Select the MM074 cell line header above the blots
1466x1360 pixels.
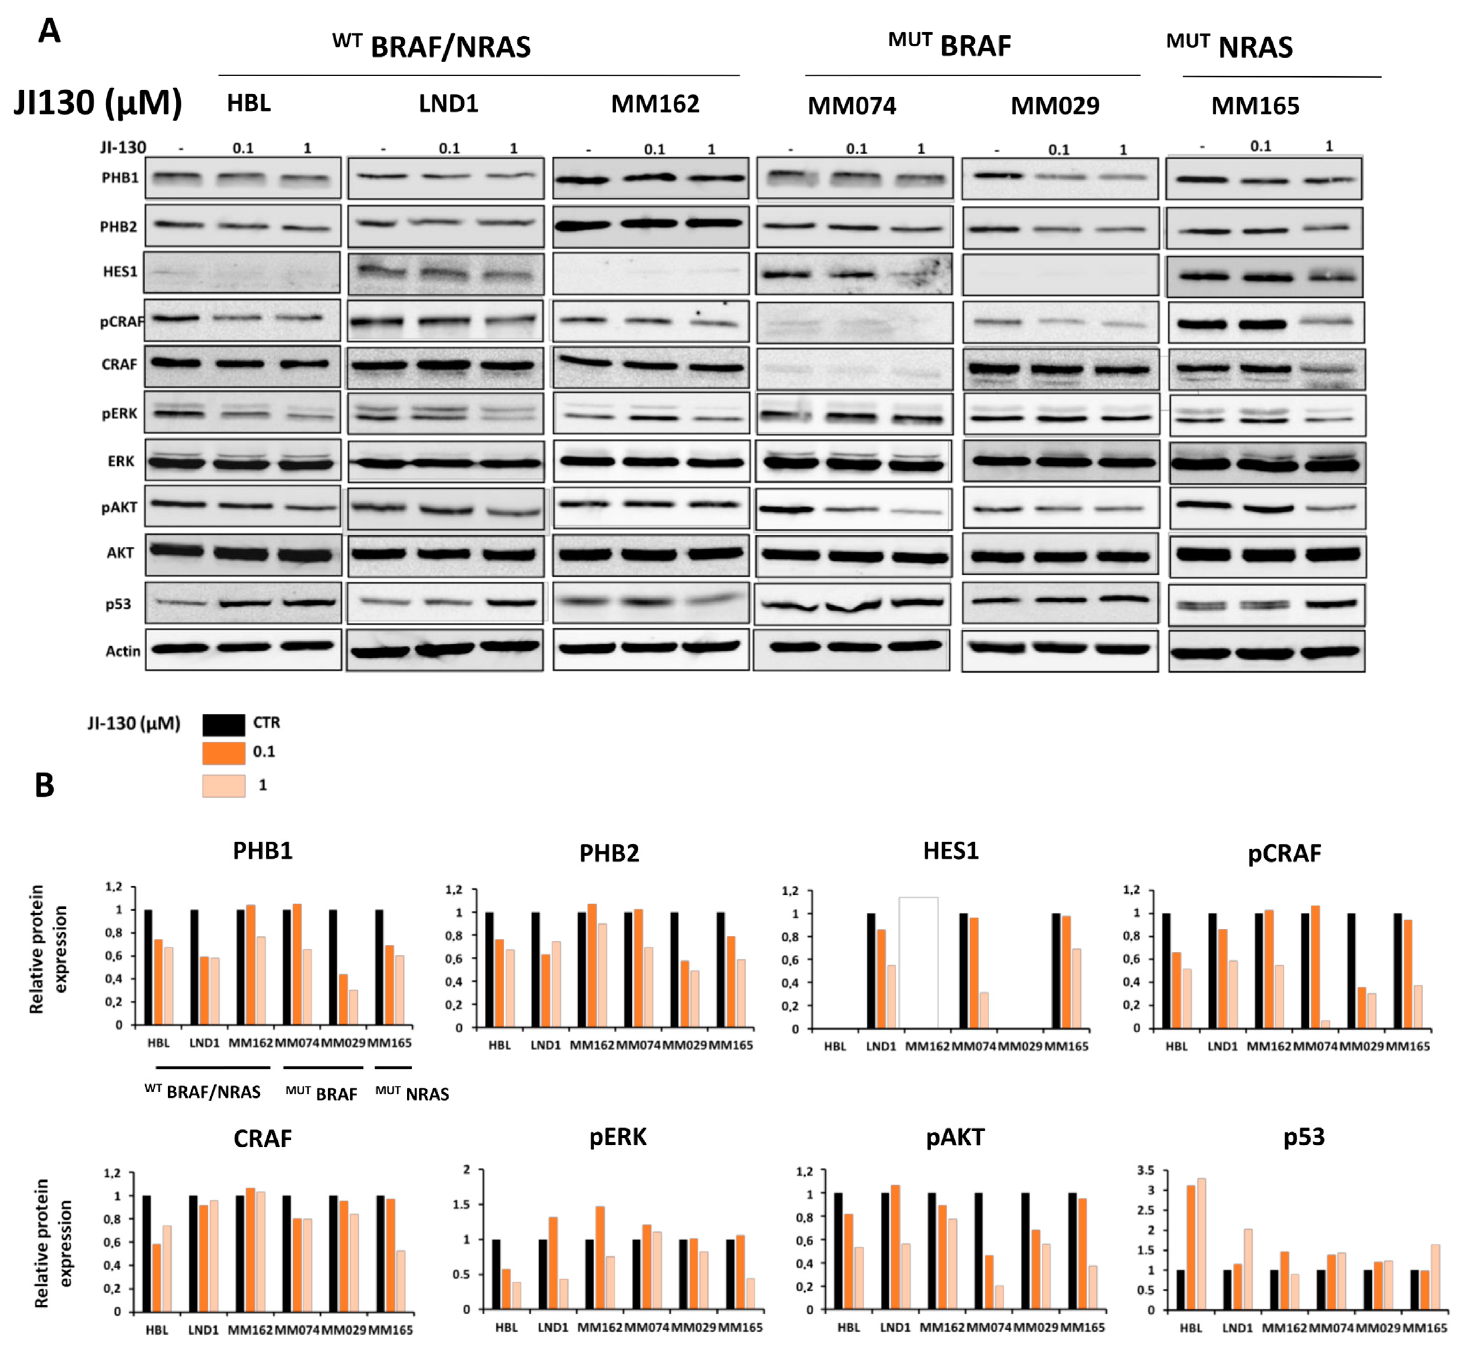(851, 106)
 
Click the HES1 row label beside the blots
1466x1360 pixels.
(120, 272)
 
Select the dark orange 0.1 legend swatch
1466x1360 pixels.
(224, 753)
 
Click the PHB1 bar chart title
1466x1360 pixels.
(263, 851)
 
